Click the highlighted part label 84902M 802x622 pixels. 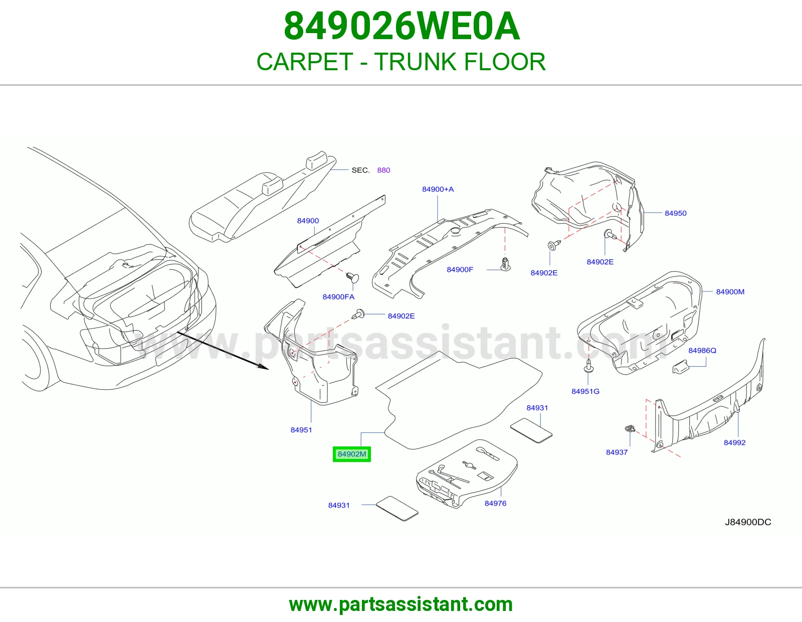tap(352, 454)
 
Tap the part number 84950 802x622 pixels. tap(675, 213)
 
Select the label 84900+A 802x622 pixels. tap(438, 189)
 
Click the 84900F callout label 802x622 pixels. tap(460, 270)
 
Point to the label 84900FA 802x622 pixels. tap(338, 297)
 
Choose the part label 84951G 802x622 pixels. tap(585, 391)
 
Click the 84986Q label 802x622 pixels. tap(702, 351)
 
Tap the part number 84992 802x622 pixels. tap(734, 442)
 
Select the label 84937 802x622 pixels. tap(617, 452)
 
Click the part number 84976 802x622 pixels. tap(495, 504)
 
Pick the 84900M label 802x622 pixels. tap(730, 292)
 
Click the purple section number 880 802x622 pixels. tap(383, 170)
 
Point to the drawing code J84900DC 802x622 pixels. tap(748, 522)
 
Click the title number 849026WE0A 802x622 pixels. tap(402, 26)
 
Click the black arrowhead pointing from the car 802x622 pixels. tap(263, 366)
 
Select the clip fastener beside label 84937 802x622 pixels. tap(630, 429)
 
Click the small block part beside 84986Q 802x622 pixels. tap(680, 367)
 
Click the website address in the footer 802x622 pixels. tap(401, 604)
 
